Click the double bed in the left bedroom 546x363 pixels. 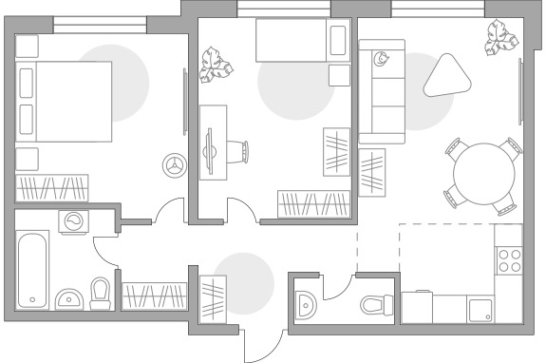click(x=65, y=102)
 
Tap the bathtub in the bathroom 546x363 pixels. click(x=33, y=269)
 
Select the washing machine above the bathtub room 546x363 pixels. click(x=73, y=221)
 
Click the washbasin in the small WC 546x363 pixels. click(x=306, y=305)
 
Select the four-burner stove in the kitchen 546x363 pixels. click(x=511, y=260)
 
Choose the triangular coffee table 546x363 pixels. click(x=450, y=73)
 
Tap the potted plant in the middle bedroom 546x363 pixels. click(x=217, y=67)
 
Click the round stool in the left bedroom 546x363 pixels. click(x=174, y=163)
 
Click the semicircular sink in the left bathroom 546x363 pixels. click(x=66, y=300)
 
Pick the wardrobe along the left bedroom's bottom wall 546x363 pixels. click(x=51, y=187)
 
